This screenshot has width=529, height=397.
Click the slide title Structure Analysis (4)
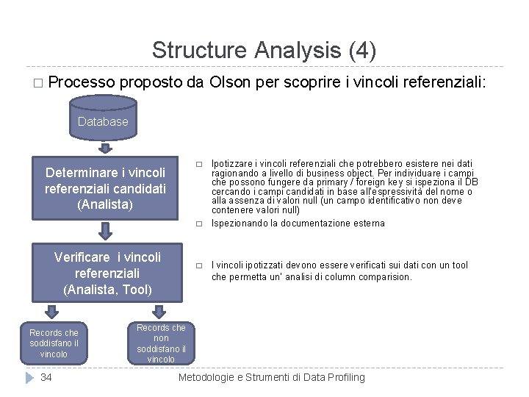tap(264, 50)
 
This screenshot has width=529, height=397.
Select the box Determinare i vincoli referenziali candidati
tap(105, 188)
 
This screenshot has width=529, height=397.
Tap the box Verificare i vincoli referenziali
tap(107, 273)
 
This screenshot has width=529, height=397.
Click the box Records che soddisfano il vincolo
tap(54, 343)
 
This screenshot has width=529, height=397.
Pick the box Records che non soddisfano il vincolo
tap(161, 343)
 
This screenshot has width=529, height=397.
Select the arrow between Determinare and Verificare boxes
tap(106, 232)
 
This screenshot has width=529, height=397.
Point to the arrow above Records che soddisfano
tap(54, 312)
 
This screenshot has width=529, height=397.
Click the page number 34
tap(46, 377)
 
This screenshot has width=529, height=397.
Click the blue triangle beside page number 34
tap(29, 377)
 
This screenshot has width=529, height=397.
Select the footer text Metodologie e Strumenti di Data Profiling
tap(272, 377)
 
